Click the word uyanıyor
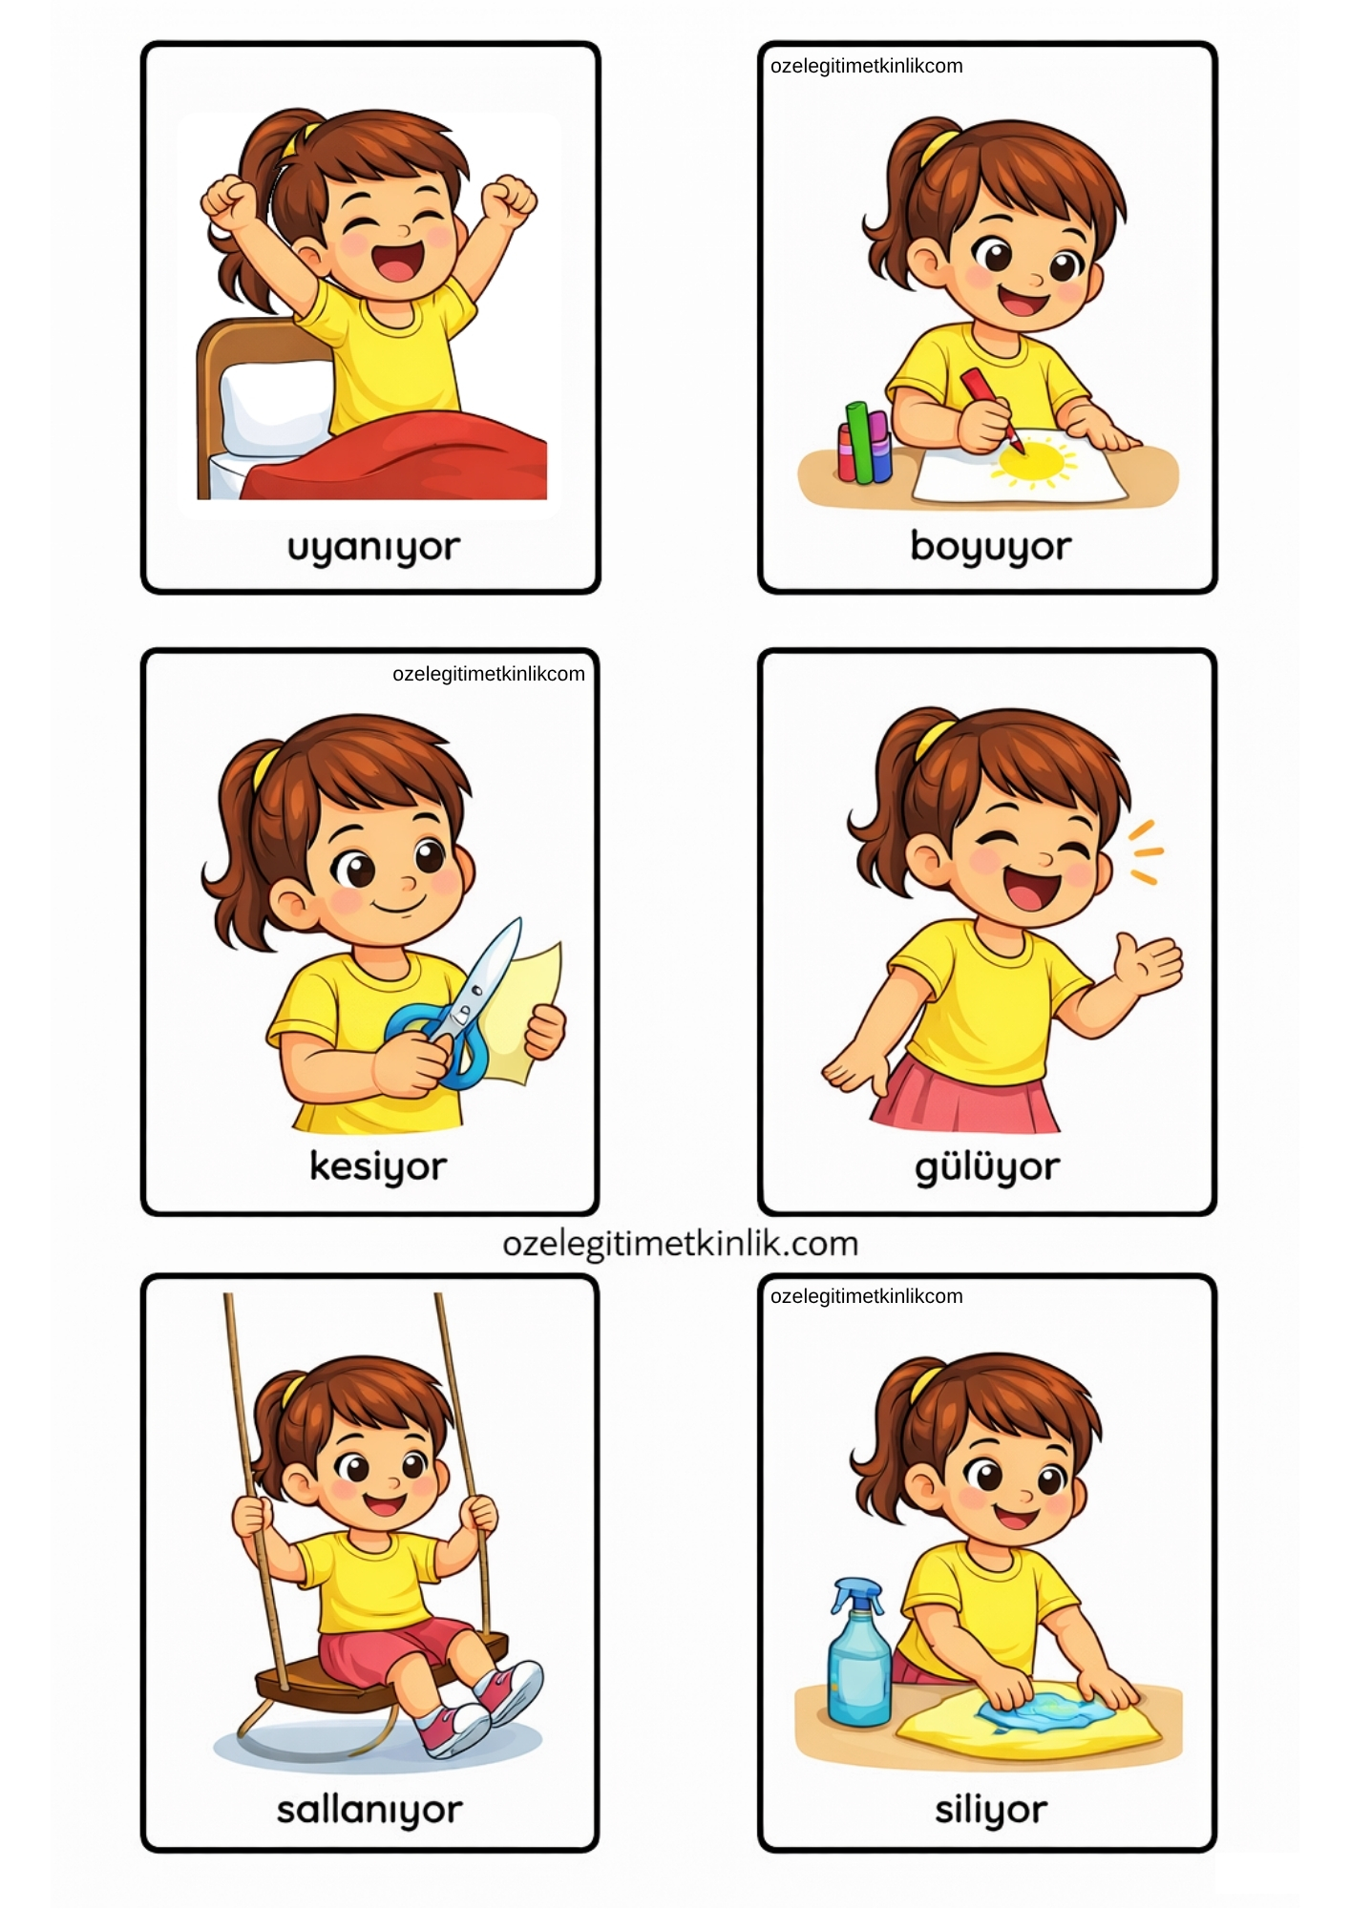(x=373, y=549)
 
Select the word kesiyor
(x=378, y=1166)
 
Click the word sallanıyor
(x=370, y=1810)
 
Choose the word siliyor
(x=991, y=1810)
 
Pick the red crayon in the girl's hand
(x=991, y=409)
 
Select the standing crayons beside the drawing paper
(x=864, y=443)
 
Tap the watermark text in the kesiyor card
(x=489, y=674)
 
